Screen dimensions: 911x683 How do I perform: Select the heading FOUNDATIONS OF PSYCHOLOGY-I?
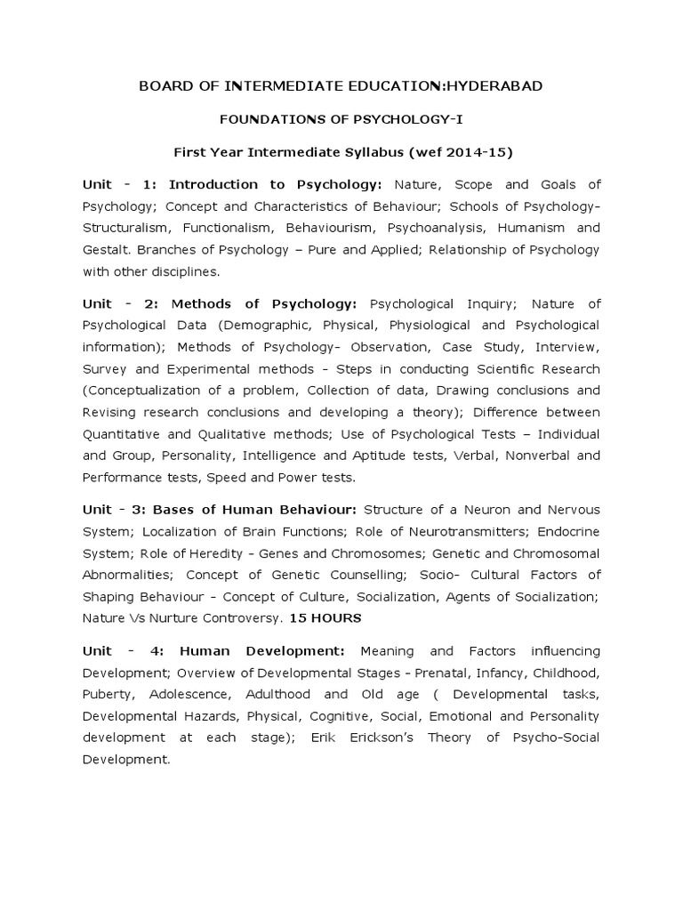tap(341, 118)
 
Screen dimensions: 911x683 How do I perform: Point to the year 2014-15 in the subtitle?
tap(473, 152)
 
